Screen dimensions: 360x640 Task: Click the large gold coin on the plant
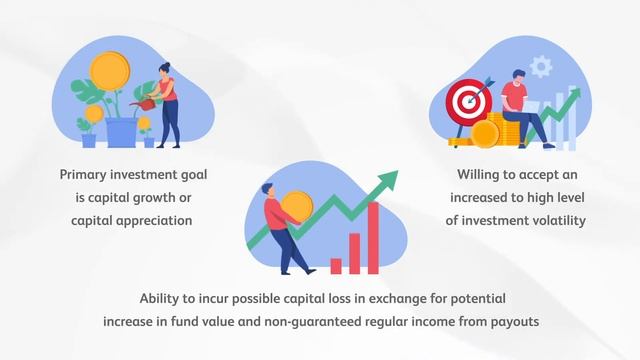point(110,70)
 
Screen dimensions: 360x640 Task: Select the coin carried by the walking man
point(296,205)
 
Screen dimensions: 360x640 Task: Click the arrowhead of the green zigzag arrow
point(387,180)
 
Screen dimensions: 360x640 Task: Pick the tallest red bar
point(373,238)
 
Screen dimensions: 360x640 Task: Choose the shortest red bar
point(336,266)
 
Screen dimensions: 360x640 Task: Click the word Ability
point(163,299)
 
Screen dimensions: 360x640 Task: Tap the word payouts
point(513,322)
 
